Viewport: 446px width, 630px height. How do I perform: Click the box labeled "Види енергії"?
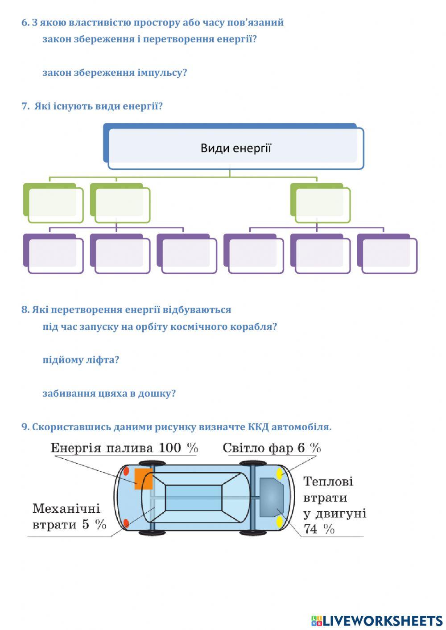(x=235, y=148)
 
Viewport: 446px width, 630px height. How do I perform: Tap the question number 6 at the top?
(x=25, y=23)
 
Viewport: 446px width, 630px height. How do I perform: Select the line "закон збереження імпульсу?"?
(x=115, y=73)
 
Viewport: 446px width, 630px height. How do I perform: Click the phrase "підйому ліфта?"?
(x=81, y=360)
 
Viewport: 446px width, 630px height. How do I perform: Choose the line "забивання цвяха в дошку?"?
(x=109, y=394)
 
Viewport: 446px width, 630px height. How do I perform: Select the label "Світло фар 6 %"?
(x=272, y=448)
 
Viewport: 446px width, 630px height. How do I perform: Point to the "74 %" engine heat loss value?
(x=319, y=529)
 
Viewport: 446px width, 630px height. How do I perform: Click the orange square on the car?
(x=143, y=479)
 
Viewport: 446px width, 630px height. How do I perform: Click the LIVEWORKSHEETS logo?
(x=376, y=620)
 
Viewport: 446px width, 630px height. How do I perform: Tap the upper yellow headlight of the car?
(x=280, y=474)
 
